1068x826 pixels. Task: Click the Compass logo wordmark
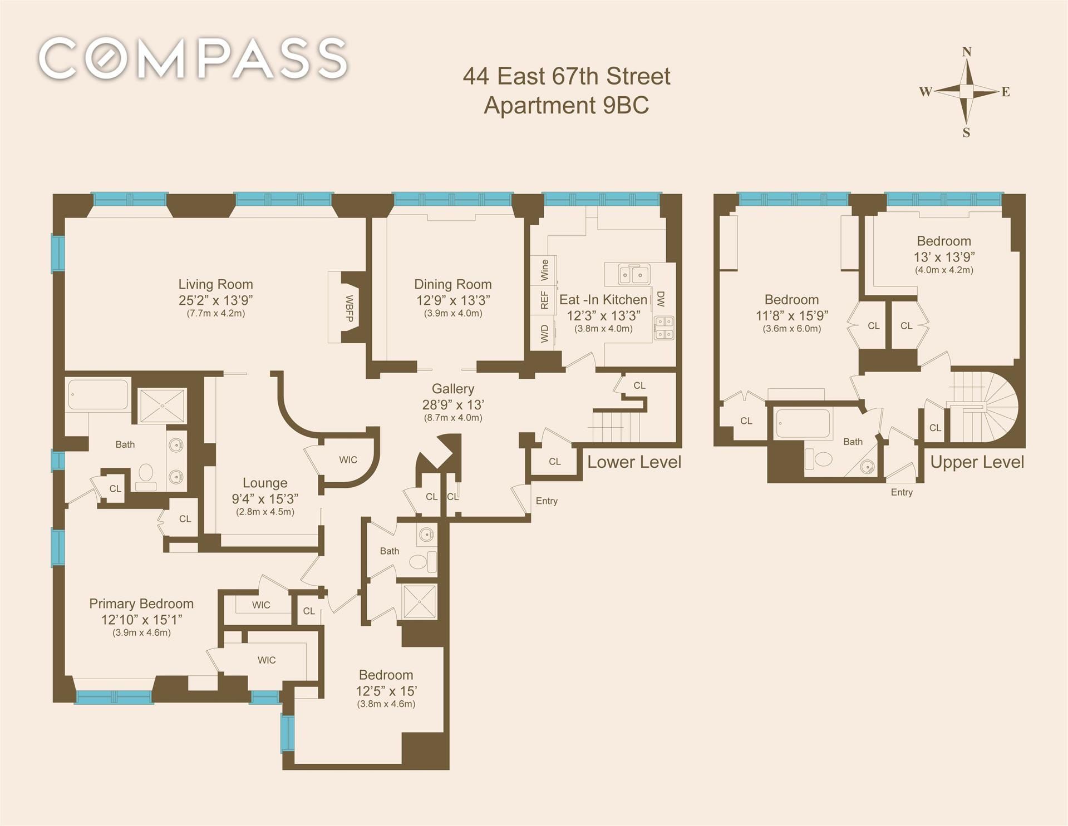[x=193, y=58]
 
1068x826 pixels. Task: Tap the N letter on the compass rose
[x=967, y=52]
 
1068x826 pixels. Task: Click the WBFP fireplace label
[x=350, y=308]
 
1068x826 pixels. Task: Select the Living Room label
[x=215, y=284]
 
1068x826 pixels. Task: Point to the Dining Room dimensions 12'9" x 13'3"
[x=453, y=300]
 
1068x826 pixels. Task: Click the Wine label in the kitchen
[x=544, y=270]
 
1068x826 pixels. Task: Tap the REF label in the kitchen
[x=544, y=300]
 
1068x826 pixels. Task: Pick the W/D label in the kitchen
[x=544, y=334]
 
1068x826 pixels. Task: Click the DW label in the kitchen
[x=661, y=299]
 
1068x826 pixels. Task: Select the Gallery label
[x=453, y=389]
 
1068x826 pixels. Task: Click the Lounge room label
[x=265, y=483]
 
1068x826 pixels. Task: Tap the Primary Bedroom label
[x=141, y=604]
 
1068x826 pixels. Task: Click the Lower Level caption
[x=634, y=462]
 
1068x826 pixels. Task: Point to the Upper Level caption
[x=977, y=462]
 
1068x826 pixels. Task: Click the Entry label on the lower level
[x=547, y=501]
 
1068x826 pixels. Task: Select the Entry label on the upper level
[x=902, y=492]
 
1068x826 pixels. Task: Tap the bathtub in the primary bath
[x=99, y=394]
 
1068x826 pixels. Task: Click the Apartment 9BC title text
[x=566, y=106]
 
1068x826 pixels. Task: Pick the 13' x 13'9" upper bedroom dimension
[x=944, y=257]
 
